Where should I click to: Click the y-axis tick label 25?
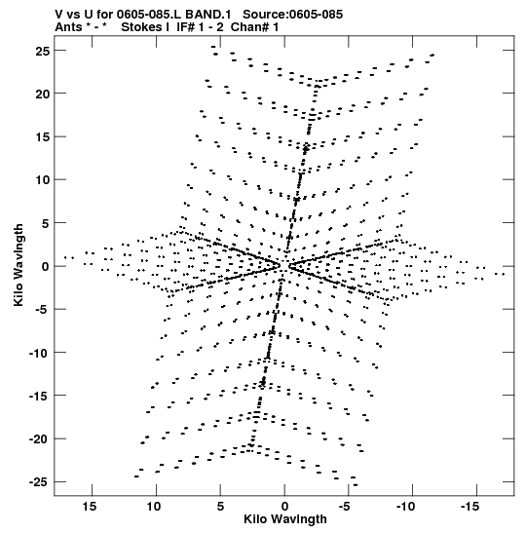pos(43,51)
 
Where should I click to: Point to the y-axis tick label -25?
pos(39,482)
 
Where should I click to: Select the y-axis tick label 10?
pos(43,180)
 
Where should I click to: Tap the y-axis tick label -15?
pos(39,396)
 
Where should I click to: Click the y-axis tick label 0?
pos(46,267)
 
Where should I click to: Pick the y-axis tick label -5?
pos(43,310)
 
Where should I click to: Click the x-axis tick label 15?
pos(90,507)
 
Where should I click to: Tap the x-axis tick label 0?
pos(284,507)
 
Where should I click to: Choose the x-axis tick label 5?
pos(220,507)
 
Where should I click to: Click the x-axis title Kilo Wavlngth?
pos(285,519)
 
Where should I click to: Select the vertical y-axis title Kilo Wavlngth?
pos(19,265)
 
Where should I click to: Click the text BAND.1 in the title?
pos(208,15)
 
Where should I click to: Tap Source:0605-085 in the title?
pos(293,15)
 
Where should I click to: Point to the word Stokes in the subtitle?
pos(145,27)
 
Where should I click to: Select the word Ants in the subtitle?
pos(68,27)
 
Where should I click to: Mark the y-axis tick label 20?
pos(43,95)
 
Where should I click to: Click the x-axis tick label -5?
pos(346,507)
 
